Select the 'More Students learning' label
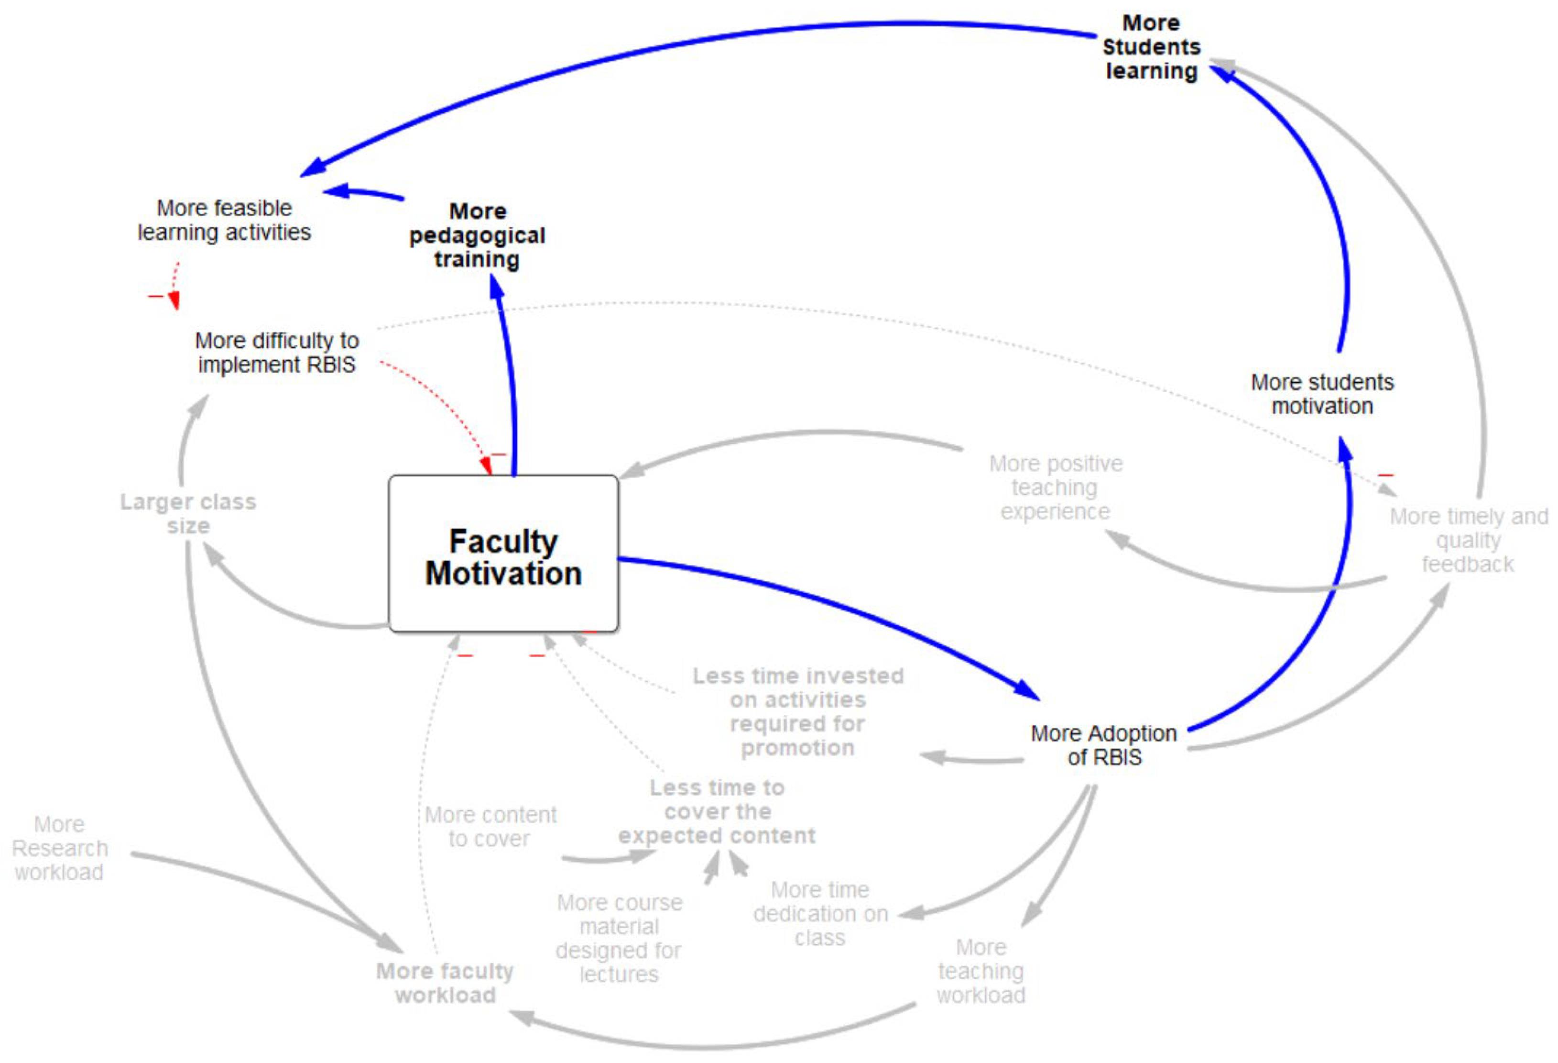pyautogui.click(x=1151, y=47)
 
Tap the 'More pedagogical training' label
pyautogui.click(x=477, y=235)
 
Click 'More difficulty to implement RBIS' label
pyautogui.click(x=276, y=352)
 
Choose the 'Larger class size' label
pyautogui.click(x=188, y=514)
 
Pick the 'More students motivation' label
pyautogui.click(x=1321, y=394)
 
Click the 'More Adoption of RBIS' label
pyautogui.click(x=1103, y=745)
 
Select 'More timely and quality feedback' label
pyautogui.click(x=1468, y=540)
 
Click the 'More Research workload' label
pyautogui.click(x=60, y=848)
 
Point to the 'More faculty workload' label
pyautogui.click(x=445, y=983)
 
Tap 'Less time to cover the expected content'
pyautogui.click(x=717, y=811)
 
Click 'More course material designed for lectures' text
pyautogui.click(x=619, y=938)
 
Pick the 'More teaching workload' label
pyautogui.click(x=981, y=971)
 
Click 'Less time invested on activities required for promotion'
pyautogui.click(x=798, y=711)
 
